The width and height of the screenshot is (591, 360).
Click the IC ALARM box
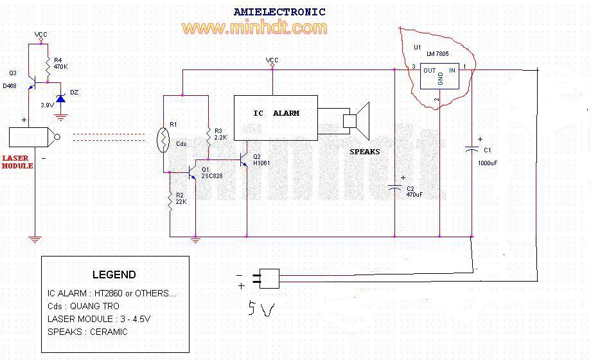[276, 118]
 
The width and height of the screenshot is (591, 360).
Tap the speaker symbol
[356, 121]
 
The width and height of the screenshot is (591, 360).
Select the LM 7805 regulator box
[439, 76]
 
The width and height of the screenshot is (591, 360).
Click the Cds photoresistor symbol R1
[163, 140]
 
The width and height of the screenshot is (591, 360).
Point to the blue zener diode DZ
[60, 98]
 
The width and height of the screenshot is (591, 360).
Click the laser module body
[32, 137]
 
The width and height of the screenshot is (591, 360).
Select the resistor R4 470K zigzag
[48, 67]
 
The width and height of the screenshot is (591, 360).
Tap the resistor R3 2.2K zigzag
[208, 137]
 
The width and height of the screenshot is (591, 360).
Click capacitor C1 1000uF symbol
[472, 149]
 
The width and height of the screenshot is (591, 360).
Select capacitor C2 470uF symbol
[394, 188]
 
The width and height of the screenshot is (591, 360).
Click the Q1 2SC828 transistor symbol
[191, 173]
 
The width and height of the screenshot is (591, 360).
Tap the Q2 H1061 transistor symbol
[243, 159]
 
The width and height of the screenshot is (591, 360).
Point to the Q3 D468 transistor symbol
[32, 83]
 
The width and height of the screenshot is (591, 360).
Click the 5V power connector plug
[266, 278]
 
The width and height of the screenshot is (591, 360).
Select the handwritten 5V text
[261, 309]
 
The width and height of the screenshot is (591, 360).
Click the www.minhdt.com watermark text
[254, 28]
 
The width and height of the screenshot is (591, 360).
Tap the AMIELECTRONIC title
[279, 12]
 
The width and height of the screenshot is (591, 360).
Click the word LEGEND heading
[114, 274]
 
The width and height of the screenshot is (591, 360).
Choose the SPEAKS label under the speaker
[364, 152]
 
